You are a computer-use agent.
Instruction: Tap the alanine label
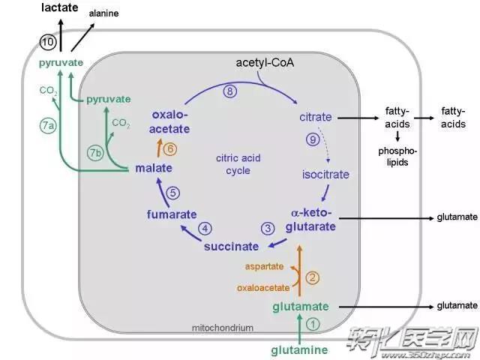(x=104, y=13)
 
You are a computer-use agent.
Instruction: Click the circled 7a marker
(x=47, y=125)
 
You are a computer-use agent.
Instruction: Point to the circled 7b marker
(x=95, y=152)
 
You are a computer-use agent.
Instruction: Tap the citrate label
(x=315, y=118)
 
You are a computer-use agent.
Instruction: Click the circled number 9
(x=313, y=140)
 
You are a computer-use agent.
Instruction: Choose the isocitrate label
(x=325, y=175)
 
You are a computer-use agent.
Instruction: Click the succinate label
(x=231, y=246)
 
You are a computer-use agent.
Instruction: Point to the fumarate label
(x=170, y=215)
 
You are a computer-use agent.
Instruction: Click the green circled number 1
(x=313, y=325)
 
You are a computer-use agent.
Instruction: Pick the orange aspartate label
(x=265, y=266)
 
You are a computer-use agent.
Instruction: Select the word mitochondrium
(x=223, y=328)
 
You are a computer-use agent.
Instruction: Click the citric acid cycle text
(x=238, y=163)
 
